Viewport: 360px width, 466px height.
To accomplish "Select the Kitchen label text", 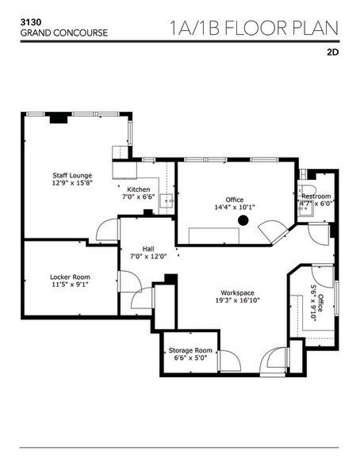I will click(x=139, y=189).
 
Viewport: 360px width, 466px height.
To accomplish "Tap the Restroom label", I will click(x=316, y=196).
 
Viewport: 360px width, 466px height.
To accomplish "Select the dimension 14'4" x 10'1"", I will click(x=234, y=208).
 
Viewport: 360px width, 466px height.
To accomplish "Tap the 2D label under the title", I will click(x=331, y=56).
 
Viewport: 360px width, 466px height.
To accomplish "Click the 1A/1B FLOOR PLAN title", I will click(x=254, y=29).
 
